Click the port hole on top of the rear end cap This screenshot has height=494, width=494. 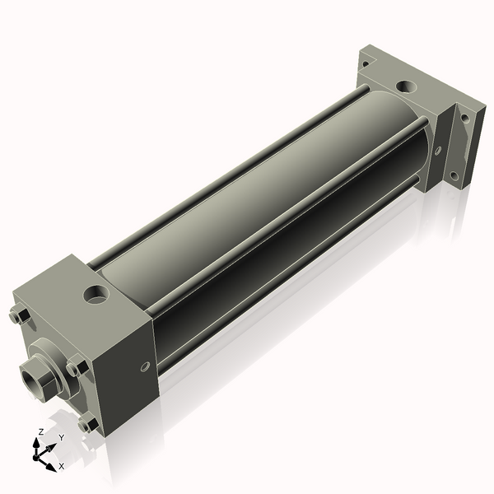tap(405, 86)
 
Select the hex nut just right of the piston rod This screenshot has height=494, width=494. tap(76, 366)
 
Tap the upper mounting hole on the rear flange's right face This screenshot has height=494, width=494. tap(466, 118)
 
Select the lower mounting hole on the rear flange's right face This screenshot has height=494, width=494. tap(454, 175)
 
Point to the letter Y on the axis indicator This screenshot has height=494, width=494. tap(62, 437)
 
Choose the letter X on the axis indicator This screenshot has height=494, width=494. tap(61, 466)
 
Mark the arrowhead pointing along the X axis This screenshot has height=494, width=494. tap(54, 461)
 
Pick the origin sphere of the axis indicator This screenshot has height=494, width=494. tap(39, 454)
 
